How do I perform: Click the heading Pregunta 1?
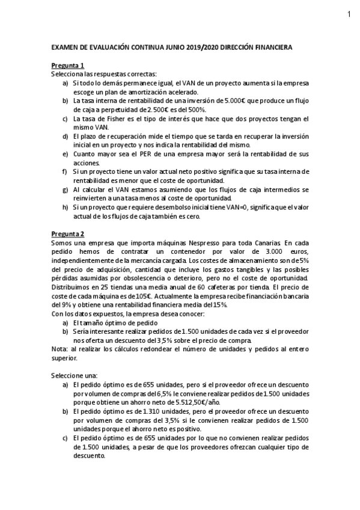[67, 66]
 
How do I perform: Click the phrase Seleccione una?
[71, 375]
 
